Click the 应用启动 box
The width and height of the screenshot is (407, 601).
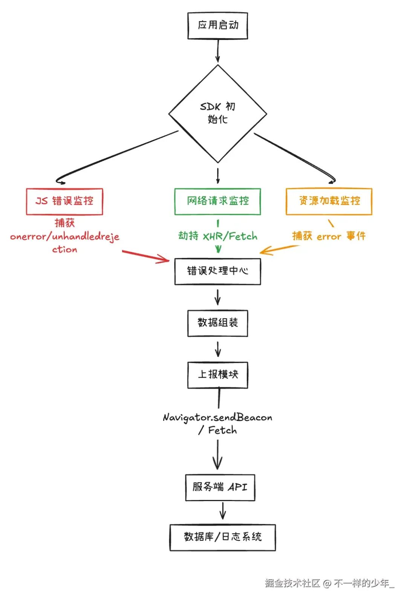point(218,26)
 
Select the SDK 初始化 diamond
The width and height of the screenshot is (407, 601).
point(218,113)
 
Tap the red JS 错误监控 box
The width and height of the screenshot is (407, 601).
point(64,201)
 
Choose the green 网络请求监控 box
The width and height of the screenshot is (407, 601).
point(218,201)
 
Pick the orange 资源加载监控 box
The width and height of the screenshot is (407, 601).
point(329,201)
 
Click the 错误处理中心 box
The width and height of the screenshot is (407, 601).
point(218,271)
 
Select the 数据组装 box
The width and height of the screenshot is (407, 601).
point(218,323)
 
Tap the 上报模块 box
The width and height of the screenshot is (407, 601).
point(218,375)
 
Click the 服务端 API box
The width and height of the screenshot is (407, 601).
point(220,487)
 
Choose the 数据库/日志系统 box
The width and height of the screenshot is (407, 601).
point(222,537)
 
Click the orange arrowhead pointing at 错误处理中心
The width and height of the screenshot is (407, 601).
point(264,251)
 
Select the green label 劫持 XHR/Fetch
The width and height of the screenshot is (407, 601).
point(218,236)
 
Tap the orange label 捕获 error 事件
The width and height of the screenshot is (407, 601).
point(329,236)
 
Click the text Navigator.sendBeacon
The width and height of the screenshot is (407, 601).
point(217,418)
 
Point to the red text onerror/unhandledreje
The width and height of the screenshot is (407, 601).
point(65,237)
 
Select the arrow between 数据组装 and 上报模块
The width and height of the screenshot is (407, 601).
point(218,349)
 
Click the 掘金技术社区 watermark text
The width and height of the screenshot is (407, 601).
point(292,583)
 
